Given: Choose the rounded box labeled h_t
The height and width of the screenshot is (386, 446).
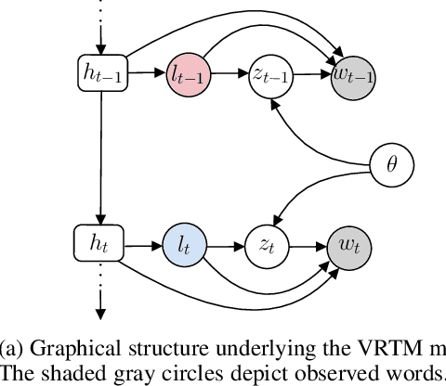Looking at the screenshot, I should [x=97, y=246].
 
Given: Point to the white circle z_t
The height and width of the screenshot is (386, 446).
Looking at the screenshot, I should [x=265, y=247].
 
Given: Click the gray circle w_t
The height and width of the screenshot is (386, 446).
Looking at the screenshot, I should [x=348, y=247].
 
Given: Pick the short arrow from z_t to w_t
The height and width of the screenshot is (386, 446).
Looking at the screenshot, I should [x=307, y=247].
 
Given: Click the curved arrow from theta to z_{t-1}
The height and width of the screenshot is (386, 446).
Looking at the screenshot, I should [x=316, y=139].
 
